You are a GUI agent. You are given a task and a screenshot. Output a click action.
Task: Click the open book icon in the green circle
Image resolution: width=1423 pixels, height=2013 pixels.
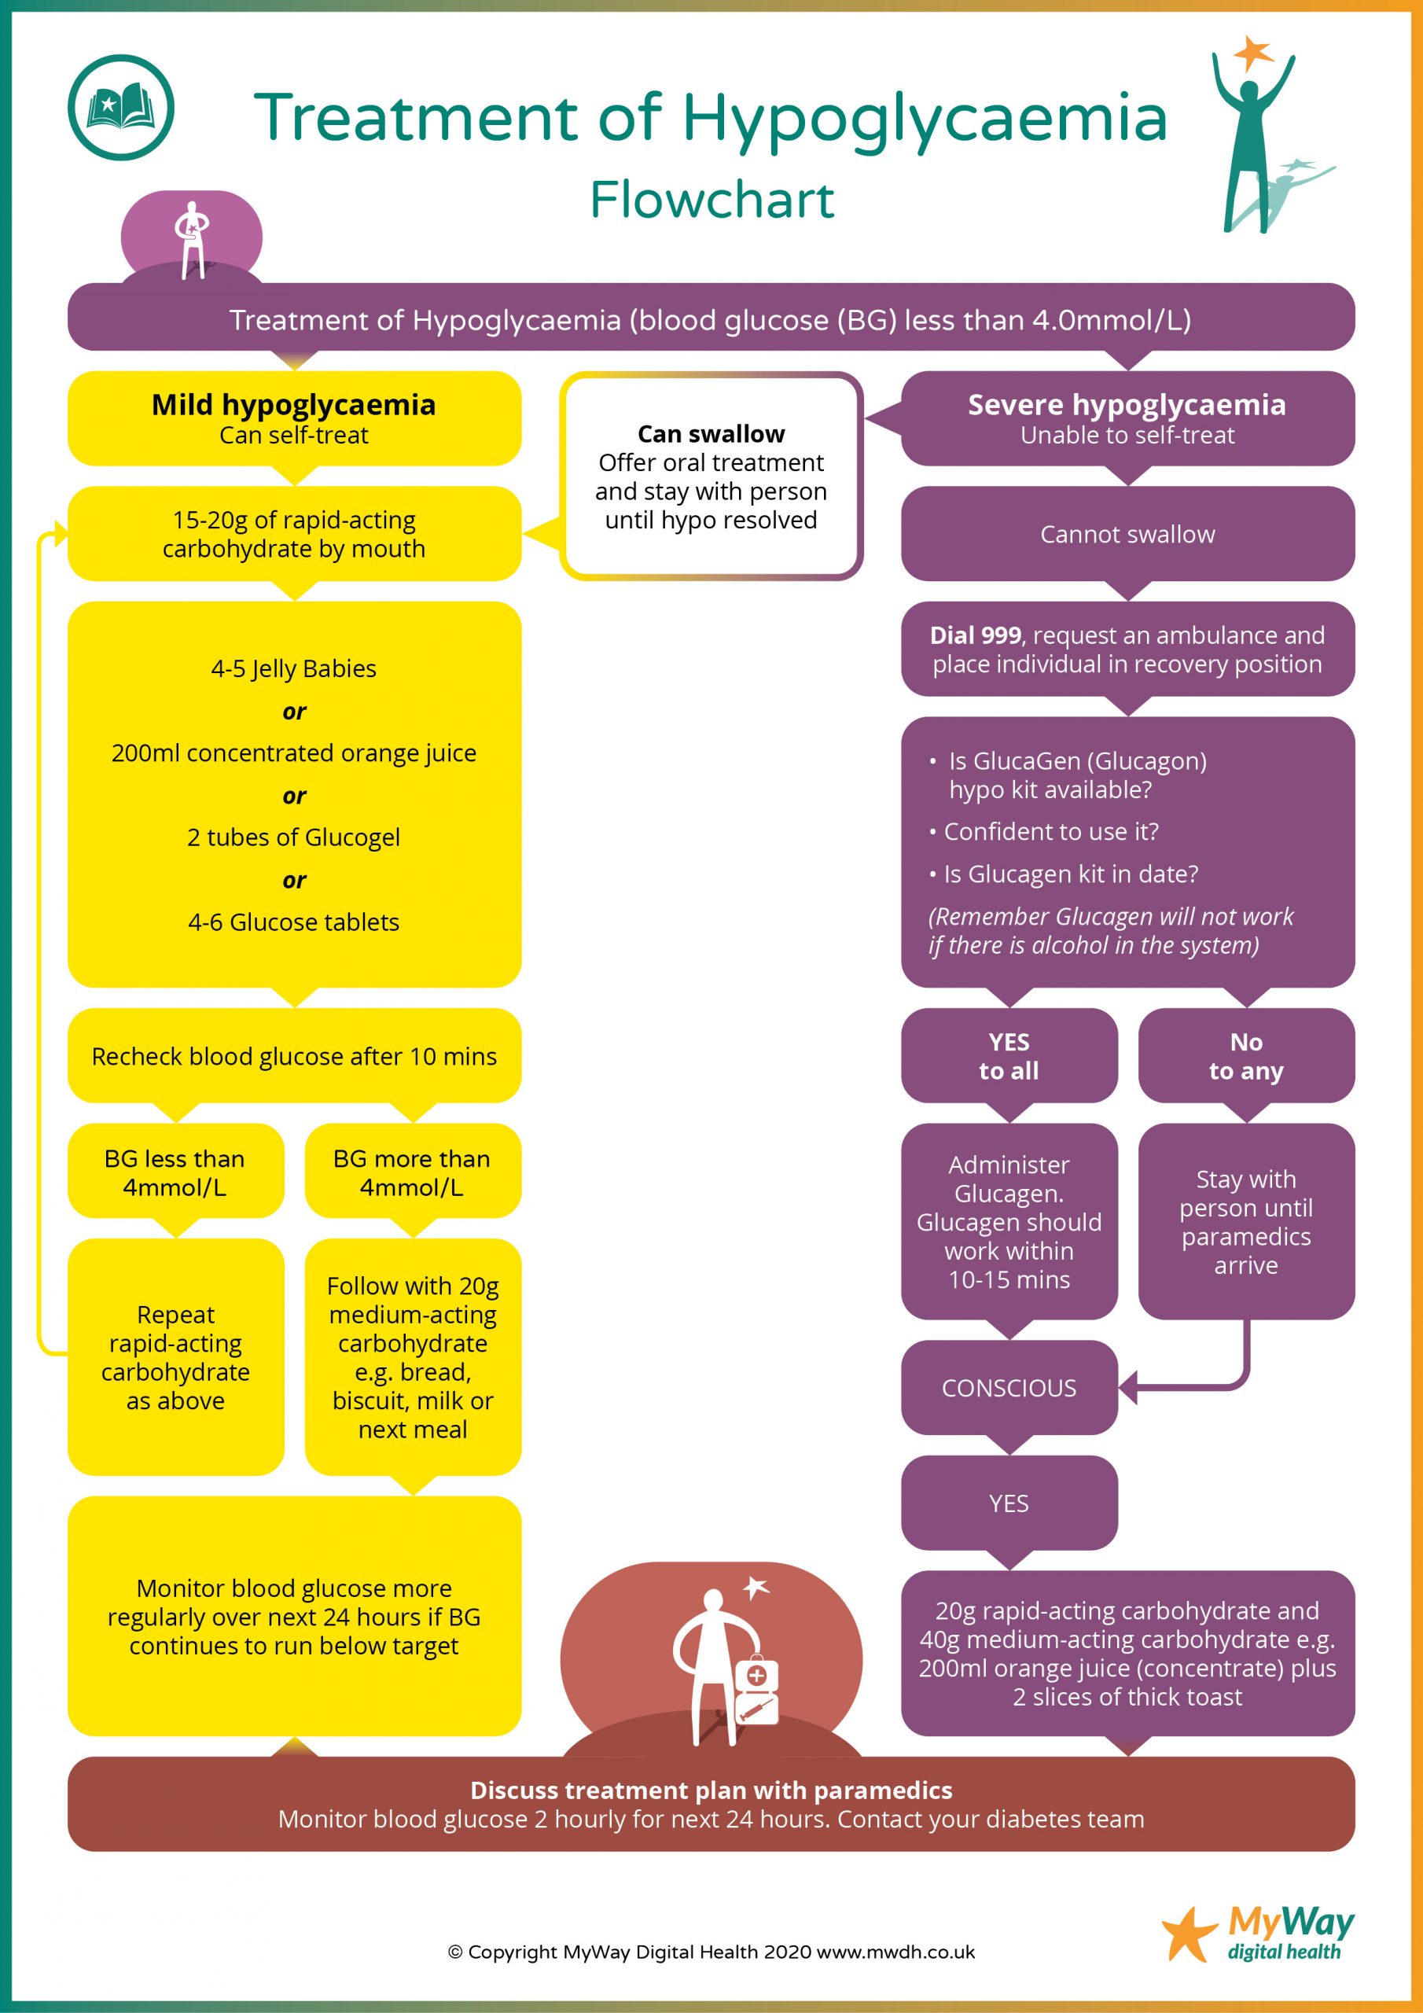click(120, 107)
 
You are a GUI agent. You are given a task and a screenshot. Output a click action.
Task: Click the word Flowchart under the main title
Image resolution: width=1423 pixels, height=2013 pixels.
click(711, 200)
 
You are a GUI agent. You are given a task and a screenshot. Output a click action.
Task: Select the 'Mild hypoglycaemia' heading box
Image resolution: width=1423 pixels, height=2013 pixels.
click(294, 418)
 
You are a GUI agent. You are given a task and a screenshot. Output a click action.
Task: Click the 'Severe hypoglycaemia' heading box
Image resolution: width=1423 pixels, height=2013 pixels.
click(1127, 418)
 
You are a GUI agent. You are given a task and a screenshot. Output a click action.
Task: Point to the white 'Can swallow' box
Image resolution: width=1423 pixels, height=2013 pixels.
click(711, 476)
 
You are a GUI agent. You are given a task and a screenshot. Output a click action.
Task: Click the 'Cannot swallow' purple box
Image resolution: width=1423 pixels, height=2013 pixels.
click(1127, 534)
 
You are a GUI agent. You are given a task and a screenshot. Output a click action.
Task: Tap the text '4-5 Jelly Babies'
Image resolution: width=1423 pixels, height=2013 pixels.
click(294, 669)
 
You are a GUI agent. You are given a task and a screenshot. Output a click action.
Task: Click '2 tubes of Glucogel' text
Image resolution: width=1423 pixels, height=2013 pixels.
click(294, 837)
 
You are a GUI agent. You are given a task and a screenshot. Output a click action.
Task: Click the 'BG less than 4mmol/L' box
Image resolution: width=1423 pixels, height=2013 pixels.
click(175, 1172)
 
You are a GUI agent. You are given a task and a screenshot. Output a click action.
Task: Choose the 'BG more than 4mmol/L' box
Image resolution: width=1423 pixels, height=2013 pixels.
click(412, 1172)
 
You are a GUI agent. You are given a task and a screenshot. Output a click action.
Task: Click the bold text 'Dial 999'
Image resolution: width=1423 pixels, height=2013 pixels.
click(975, 635)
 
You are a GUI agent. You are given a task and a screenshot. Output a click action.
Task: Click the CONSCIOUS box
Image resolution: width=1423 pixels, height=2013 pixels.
click(1009, 1388)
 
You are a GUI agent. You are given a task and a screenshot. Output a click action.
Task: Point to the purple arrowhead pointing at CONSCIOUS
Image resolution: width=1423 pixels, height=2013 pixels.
click(1128, 1388)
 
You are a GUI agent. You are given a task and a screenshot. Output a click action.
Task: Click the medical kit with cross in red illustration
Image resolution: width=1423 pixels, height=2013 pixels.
click(755, 1676)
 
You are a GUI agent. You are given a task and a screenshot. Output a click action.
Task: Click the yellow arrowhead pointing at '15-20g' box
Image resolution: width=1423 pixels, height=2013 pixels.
click(61, 532)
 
